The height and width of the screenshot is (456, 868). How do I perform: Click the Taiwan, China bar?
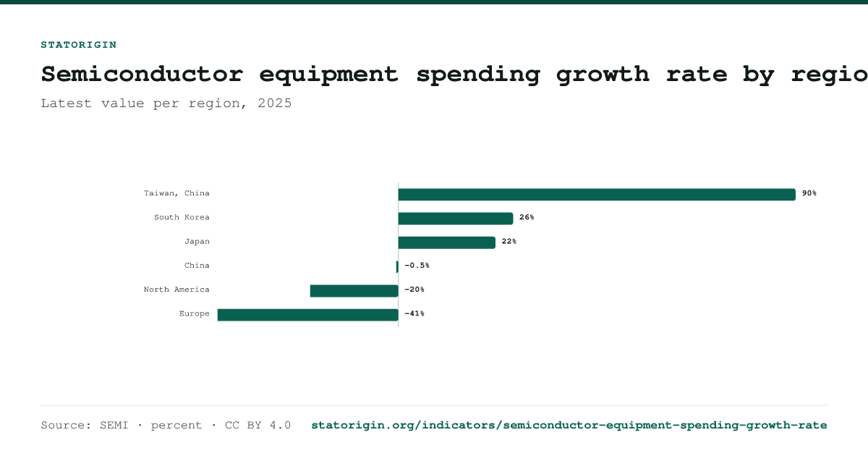click(597, 195)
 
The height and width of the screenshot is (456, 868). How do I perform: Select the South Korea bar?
click(455, 219)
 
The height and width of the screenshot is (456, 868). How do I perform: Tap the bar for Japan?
click(446, 242)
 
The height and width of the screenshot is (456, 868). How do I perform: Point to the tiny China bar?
click(397, 267)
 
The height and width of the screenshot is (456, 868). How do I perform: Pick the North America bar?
click(354, 291)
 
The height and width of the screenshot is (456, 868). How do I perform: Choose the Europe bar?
click(307, 315)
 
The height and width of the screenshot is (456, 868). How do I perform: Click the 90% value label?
click(809, 193)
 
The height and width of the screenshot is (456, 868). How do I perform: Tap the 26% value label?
click(527, 217)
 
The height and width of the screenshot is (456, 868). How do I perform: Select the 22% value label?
click(509, 241)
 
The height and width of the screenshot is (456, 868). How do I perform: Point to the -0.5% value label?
click(417, 265)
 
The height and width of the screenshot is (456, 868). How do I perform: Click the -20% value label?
click(414, 290)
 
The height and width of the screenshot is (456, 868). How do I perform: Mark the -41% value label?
click(414, 313)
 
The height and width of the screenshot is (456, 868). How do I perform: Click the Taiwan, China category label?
click(176, 193)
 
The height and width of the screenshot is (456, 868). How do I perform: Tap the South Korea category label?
click(182, 217)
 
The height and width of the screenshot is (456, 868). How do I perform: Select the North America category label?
click(176, 290)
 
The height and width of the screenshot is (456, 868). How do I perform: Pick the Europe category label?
click(194, 313)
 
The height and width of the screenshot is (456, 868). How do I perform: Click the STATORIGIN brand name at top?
click(79, 45)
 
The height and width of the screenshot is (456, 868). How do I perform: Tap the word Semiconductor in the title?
click(142, 74)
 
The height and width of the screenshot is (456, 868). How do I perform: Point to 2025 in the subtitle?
click(275, 103)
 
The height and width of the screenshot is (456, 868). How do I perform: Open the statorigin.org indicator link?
click(569, 426)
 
